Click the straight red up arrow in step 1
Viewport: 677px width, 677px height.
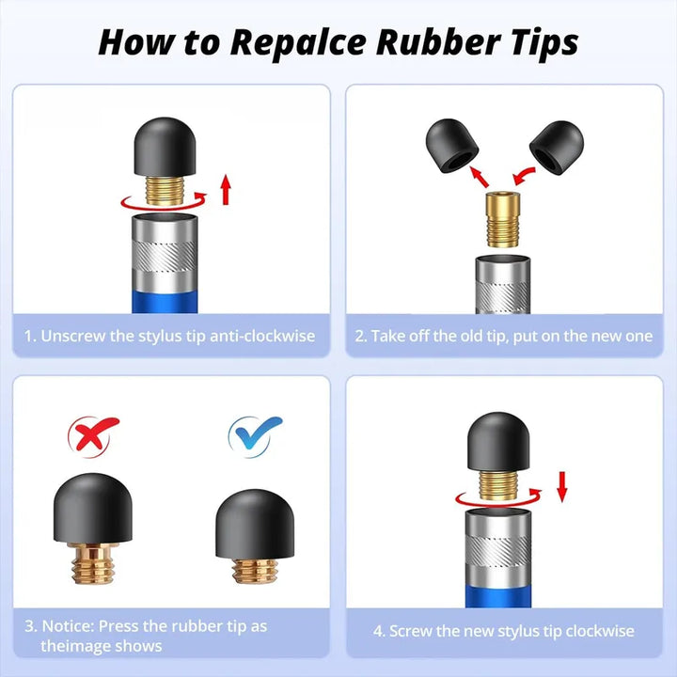[x=226, y=190]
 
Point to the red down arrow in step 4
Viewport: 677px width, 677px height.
[x=561, y=487]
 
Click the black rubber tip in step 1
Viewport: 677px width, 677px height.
[x=165, y=147]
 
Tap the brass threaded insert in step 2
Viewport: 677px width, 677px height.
[x=502, y=220]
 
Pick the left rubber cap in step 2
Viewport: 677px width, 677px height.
[x=452, y=146]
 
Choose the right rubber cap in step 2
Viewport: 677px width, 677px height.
[x=557, y=148]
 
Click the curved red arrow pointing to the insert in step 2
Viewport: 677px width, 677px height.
[x=524, y=175]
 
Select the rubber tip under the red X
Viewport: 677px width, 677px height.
[x=93, y=508]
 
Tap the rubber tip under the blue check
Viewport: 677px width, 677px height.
[x=255, y=524]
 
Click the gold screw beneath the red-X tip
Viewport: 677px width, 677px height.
[x=93, y=563]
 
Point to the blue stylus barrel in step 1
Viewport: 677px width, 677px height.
[x=165, y=302]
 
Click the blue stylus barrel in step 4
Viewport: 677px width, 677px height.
[x=498, y=596]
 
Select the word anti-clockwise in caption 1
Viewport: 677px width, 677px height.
[x=262, y=336]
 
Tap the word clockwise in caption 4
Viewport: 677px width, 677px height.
[x=600, y=631]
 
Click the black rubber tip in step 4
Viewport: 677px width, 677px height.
[x=498, y=441]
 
